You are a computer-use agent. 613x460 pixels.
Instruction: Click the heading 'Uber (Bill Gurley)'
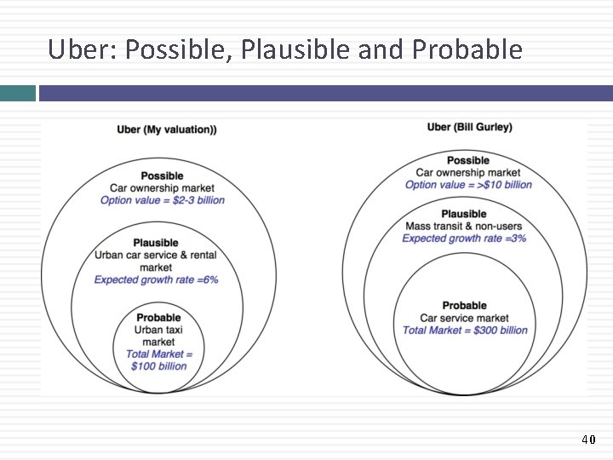click(x=469, y=127)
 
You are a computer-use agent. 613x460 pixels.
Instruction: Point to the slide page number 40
click(x=587, y=440)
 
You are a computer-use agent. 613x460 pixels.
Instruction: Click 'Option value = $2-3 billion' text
click(x=163, y=200)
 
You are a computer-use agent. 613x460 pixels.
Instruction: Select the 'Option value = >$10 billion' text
click(x=468, y=185)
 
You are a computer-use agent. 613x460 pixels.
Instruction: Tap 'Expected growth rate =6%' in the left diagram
click(x=156, y=279)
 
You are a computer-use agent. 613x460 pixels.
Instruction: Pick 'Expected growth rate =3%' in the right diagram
click(x=464, y=239)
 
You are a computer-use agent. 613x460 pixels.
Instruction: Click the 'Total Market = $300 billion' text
click(x=465, y=331)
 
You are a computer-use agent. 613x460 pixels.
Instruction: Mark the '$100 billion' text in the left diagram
click(x=158, y=366)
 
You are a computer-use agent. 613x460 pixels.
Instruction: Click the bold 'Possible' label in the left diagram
click(x=162, y=176)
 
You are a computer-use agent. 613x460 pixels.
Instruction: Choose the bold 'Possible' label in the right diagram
click(x=468, y=160)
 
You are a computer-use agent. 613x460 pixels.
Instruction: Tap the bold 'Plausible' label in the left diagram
click(x=156, y=243)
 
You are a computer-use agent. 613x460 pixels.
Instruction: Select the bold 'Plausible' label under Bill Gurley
click(x=464, y=214)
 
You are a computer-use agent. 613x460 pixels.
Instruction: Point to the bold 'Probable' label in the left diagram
click(x=158, y=318)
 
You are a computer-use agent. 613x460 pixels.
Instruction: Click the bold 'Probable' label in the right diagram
click(x=465, y=306)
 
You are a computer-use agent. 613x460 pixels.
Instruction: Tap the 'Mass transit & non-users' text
click(x=464, y=227)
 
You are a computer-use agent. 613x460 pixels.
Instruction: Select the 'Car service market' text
click(x=465, y=319)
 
